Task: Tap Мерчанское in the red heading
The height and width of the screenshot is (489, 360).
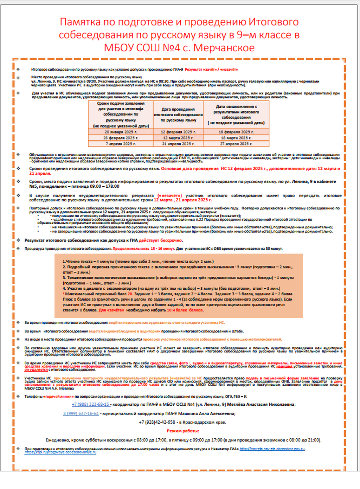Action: coord(224,47)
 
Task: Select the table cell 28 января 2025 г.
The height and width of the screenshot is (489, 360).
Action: coord(121,132)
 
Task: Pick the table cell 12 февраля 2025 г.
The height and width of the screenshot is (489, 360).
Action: coord(178,132)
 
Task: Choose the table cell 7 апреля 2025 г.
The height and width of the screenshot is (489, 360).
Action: coord(121,144)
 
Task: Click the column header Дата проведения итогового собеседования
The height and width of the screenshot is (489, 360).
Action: coord(178,115)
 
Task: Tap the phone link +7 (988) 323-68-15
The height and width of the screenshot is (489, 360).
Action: coord(90,405)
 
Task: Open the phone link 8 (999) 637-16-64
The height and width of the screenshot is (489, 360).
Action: coord(81,413)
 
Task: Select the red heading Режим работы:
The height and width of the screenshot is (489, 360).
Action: coord(183,431)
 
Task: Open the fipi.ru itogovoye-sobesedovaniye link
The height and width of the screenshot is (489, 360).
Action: coord(60,452)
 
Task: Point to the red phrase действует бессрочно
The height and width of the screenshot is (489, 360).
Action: coord(160,240)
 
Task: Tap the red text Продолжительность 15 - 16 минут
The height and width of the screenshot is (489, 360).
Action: coord(143,249)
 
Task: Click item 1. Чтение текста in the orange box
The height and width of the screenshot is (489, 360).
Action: coord(77,262)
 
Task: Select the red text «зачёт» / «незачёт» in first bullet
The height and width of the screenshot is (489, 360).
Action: coord(211,70)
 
